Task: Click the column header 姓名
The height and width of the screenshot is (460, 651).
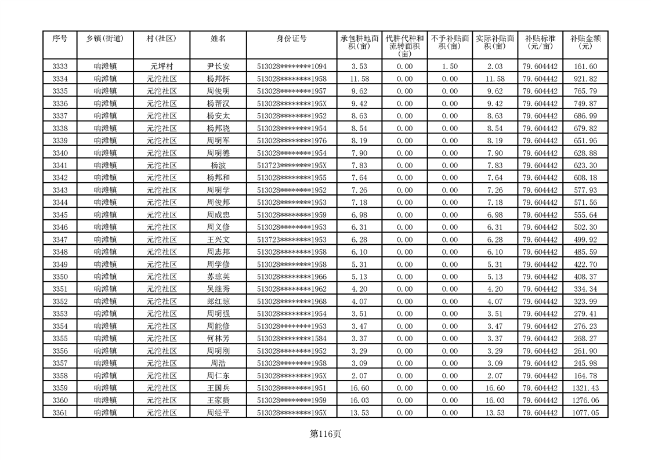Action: (x=218, y=39)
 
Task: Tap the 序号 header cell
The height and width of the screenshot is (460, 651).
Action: (x=60, y=39)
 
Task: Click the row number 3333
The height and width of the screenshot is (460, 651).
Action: (x=60, y=67)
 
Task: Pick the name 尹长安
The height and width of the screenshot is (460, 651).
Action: (x=218, y=67)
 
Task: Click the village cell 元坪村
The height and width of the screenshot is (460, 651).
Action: (x=161, y=67)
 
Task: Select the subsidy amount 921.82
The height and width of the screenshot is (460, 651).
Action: (x=585, y=79)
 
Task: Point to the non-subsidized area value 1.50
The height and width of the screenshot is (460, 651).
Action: (x=450, y=67)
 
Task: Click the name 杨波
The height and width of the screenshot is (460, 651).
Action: (x=218, y=165)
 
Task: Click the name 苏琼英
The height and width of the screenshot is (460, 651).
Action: (x=218, y=277)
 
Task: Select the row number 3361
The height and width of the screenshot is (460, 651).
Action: (x=60, y=412)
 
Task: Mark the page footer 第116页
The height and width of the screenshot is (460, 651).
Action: (x=325, y=434)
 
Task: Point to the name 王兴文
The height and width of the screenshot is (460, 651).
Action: (x=218, y=240)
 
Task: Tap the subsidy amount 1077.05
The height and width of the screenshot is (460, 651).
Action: (x=585, y=412)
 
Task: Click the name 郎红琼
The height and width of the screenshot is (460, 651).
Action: (x=218, y=302)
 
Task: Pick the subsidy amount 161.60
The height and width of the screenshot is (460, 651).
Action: (x=585, y=67)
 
